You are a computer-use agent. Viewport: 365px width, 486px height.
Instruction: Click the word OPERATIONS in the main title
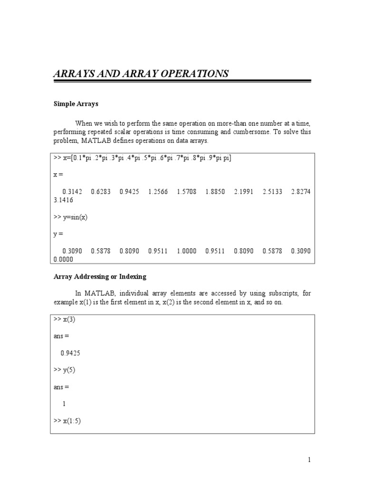click(194, 74)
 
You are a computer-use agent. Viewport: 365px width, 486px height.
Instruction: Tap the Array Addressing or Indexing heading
click(100, 276)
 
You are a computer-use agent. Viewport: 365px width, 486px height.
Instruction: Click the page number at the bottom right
click(309, 459)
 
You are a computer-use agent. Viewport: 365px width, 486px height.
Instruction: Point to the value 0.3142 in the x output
click(72, 192)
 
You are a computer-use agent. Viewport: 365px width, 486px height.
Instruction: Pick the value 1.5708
click(186, 192)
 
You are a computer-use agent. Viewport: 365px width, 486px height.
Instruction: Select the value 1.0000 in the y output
click(186, 251)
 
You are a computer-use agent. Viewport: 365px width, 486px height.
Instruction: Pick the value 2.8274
click(301, 192)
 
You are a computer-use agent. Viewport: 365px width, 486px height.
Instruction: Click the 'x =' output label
click(58, 175)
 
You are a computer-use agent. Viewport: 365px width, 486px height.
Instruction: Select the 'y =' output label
click(58, 234)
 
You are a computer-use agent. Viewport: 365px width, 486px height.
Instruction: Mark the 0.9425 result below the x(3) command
click(70, 353)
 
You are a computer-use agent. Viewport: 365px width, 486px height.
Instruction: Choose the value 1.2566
click(158, 192)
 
